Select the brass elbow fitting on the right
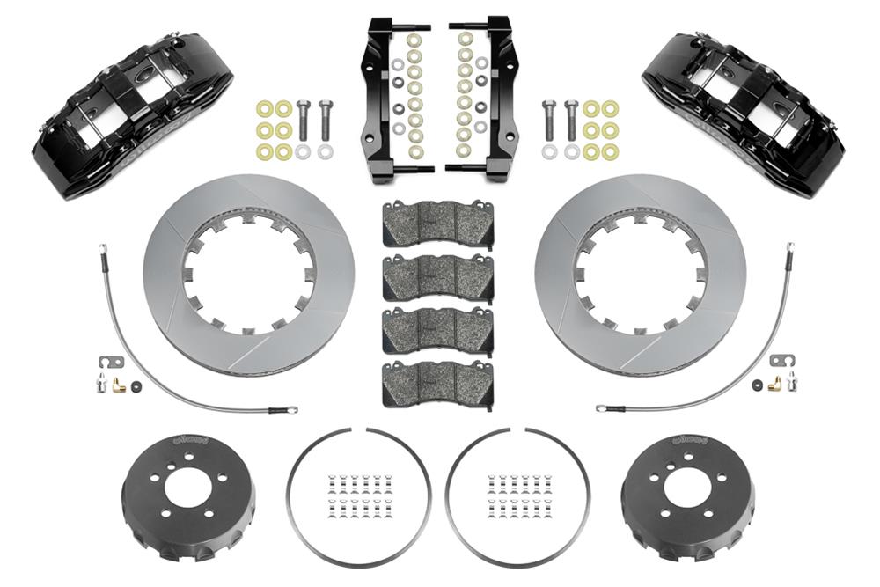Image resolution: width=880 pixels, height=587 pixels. (x=774, y=384)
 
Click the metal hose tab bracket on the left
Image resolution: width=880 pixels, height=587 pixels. (x=105, y=362)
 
